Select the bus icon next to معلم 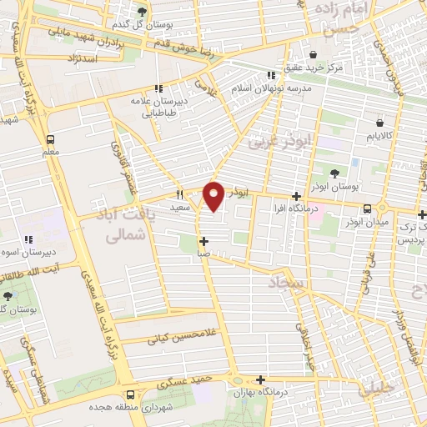[51, 139]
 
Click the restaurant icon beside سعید [178, 193]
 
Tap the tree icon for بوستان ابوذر [334, 173]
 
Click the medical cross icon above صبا [203, 242]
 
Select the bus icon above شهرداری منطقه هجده [130, 395]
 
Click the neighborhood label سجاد [288, 285]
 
